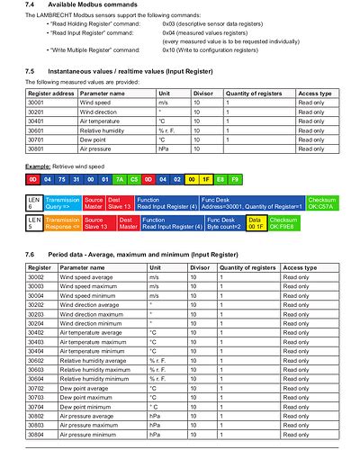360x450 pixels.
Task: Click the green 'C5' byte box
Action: [x=134, y=181]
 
